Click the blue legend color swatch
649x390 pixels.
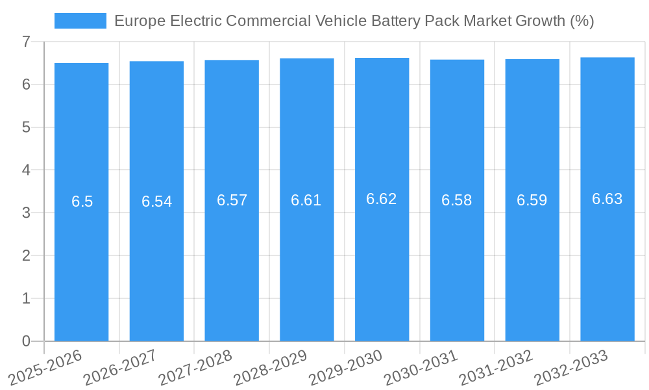pos(80,21)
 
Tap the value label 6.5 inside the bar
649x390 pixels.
pos(82,201)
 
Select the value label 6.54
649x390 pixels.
pos(156,201)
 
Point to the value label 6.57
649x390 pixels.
pos(232,200)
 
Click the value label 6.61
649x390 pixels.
pos(306,200)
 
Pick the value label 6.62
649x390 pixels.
pos(382,199)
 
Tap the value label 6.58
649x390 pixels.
pos(457,200)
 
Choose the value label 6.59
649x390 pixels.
pos(532,200)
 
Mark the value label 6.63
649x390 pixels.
pos(607,199)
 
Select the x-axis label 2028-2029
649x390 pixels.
pos(271,367)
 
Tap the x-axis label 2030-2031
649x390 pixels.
pos(422,367)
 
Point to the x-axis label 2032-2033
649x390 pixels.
pos(572,367)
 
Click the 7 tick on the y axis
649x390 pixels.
pos(26,42)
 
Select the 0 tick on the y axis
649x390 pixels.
pos(26,341)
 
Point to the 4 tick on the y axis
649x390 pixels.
pos(26,170)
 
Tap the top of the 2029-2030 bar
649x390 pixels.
pos(382,58)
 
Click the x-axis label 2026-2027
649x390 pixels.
pos(121,367)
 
